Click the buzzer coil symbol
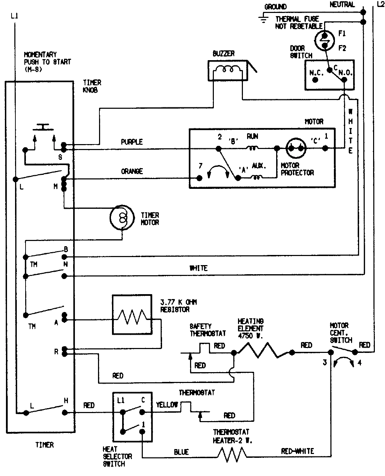pyautogui.click(x=227, y=70)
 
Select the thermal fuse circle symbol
pyautogui.click(x=325, y=41)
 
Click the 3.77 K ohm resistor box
pyautogui.click(x=132, y=314)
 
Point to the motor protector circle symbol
pyautogui.click(x=296, y=149)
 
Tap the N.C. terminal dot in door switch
pyautogui.click(x=315, y=80)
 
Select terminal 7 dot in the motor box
pyautogui.click(x=200, y=178)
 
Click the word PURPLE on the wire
pyautogui.click(x=132, y=142)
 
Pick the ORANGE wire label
pyautogui.click(x=132, y=171)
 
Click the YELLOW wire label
pyautogui.click(x=167, y=405)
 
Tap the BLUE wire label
pyautogui.click(x=181, y=452)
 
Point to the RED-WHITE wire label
pyautogui.click(x=297, y=451)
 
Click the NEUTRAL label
pyautogui.click(x=342, y=5)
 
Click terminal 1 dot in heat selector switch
pyautogui.click(x=142, y=432)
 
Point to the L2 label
pyautogui.click(x=380, y=4)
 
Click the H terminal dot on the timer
pyautogui.click(x=64, y=413)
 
